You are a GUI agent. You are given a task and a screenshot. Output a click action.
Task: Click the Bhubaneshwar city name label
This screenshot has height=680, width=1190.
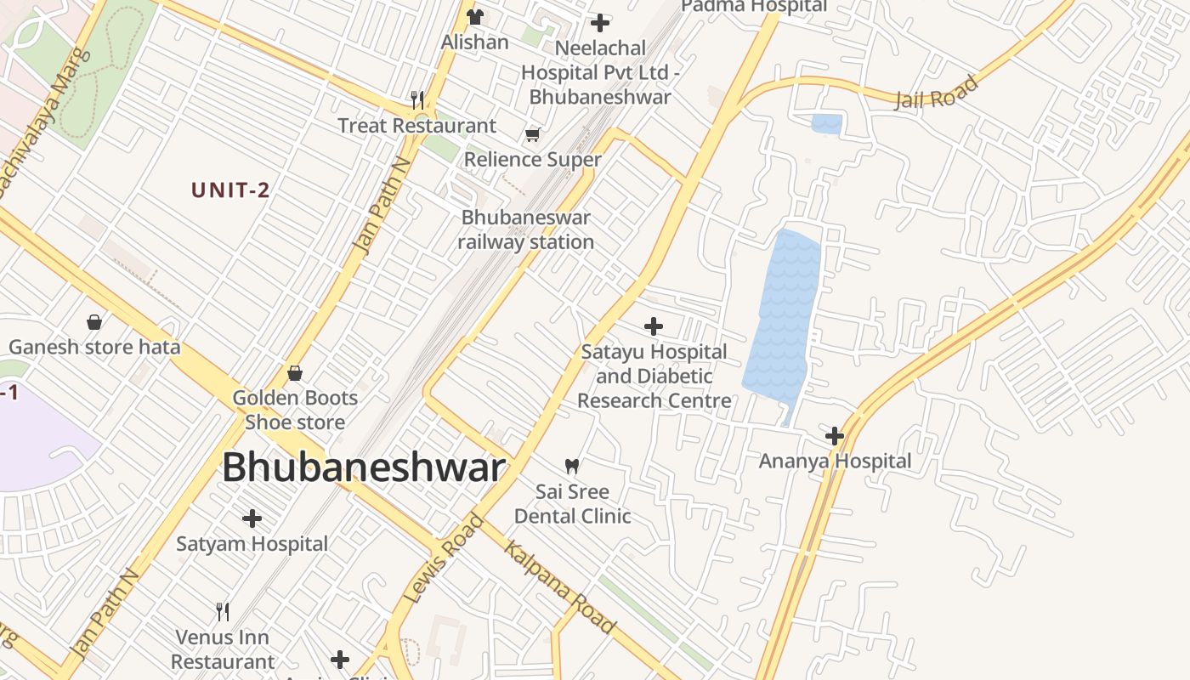pos(364,467)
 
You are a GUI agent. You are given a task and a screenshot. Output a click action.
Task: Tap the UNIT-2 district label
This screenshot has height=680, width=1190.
pos(230,190)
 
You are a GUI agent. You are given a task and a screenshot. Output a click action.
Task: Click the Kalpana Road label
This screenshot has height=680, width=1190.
pos(559,587)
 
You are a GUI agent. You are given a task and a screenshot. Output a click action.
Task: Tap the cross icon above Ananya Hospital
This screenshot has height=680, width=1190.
pos(835,436)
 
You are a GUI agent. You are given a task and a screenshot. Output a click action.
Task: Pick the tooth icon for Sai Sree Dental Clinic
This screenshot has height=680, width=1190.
pos(572,466)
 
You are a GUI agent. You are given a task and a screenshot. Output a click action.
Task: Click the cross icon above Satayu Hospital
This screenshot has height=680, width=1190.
pos(654,326)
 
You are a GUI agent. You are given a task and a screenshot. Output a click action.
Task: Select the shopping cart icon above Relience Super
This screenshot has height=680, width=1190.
pos(533,134)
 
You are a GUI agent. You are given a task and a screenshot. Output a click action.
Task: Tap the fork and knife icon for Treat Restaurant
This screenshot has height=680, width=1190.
pos(416,100)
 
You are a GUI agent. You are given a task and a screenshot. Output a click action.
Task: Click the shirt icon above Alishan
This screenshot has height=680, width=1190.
pos(474,17)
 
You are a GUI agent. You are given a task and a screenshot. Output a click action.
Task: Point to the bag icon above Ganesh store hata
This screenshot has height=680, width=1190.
pos(94,322)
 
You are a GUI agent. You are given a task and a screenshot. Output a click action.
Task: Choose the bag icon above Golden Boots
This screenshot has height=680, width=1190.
pos(295,372)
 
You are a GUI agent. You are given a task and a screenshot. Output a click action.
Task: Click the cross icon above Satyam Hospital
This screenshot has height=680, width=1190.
pos(252,518)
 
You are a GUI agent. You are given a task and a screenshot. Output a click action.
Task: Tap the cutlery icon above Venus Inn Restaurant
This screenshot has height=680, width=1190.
pos(223,611)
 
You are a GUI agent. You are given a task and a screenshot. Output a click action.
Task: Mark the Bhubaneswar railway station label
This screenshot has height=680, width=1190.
pos(526,229)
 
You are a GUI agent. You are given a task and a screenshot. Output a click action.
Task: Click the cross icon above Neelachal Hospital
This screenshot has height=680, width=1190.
pos(600,23)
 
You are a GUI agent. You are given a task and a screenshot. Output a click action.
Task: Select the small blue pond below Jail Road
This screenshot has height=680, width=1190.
pos(826,124)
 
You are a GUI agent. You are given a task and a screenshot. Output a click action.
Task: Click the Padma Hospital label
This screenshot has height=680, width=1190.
pos(754,6)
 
